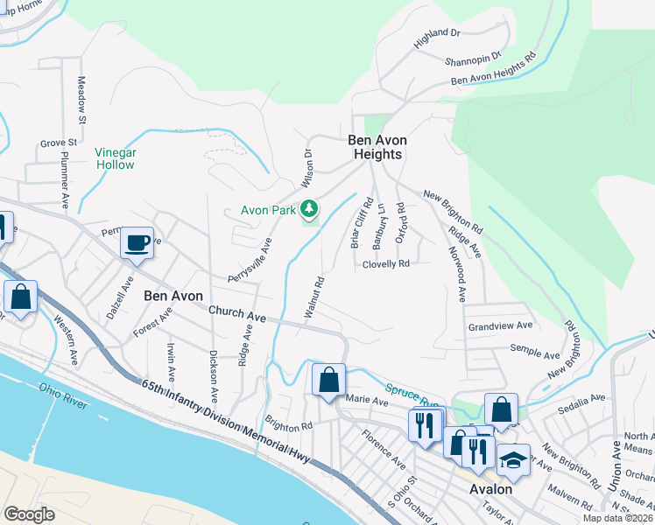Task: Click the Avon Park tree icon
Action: (x=308, y=208)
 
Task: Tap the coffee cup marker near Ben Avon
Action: (x=137, y=243)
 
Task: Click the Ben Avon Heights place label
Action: (x=375, y=147)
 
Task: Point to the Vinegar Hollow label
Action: (x=116, y=157)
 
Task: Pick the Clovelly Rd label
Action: (x=385, y=263)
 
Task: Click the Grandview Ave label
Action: (x=500, y=325)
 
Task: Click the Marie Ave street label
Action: (x=367, y=401)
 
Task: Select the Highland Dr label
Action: (x=437, y=33)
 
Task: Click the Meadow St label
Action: (x=81, y=98)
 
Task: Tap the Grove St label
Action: (x=59, y=142)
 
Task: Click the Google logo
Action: (x=29, y=514)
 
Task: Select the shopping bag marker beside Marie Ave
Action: (x=328, y=380)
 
